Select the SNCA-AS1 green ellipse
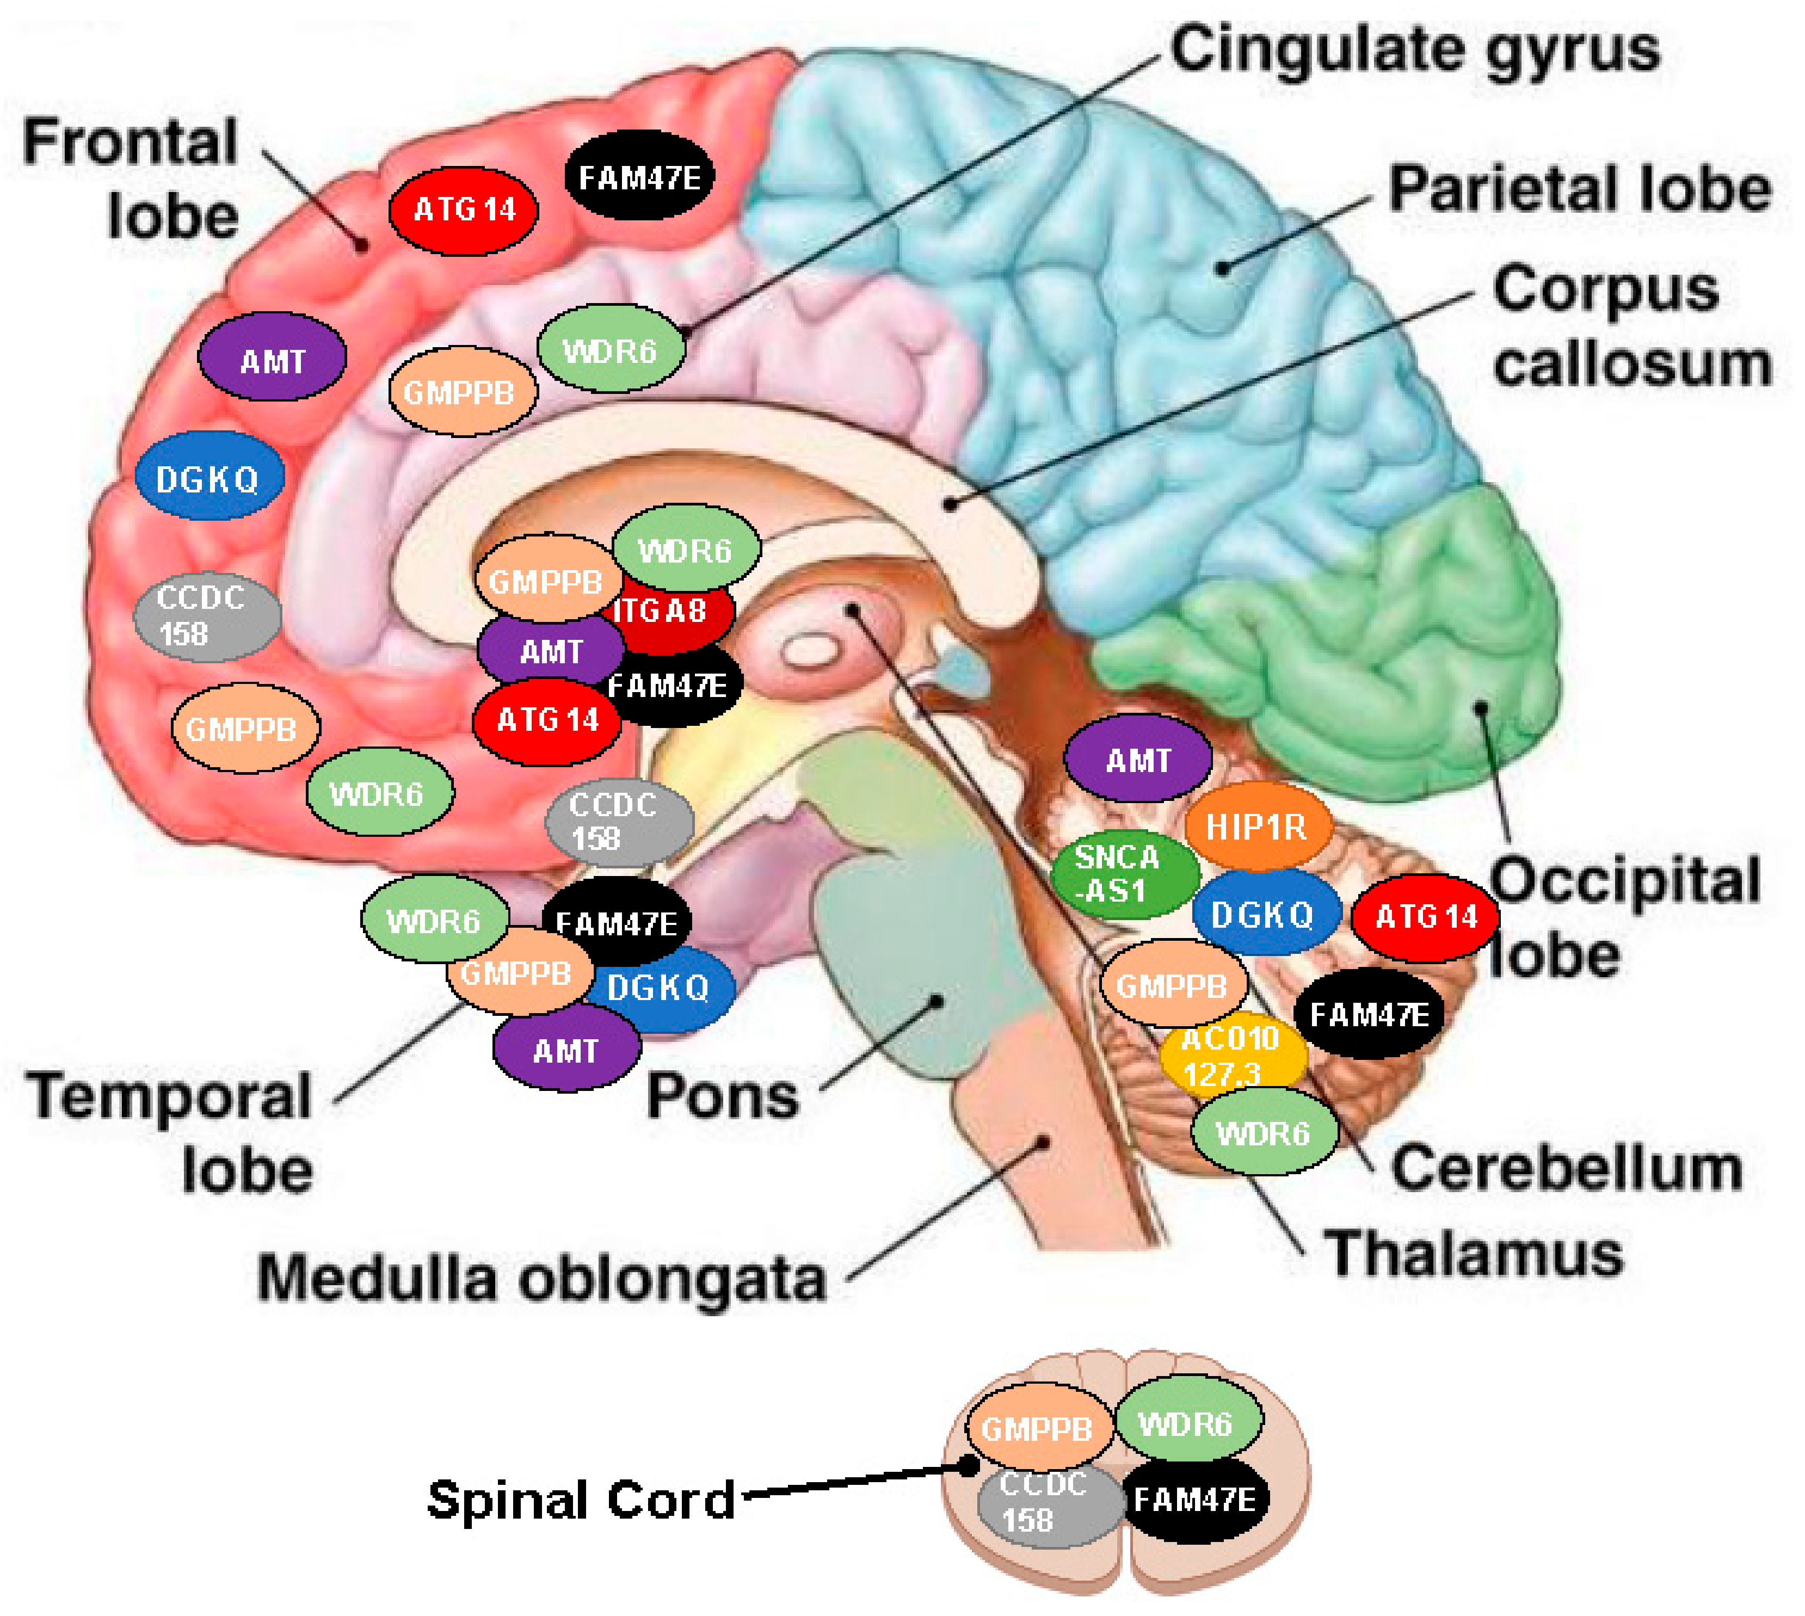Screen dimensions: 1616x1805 pyautogui.click(x=1120, y=874)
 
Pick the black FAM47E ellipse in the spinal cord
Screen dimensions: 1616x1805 pyautogui.click(x=1195, y=1500)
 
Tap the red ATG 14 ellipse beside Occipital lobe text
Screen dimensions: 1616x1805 pyautogui.click(x=1425, y=916)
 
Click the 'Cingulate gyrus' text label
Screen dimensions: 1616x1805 pyautogui.click(x=1414, y=51)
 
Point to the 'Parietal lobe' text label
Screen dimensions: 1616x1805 pyautogui.click(x=1579, y=189)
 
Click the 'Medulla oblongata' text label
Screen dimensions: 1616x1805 pyautogui.click(x=541, y=1279)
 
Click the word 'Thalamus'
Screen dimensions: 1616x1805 pyautogui.click(x=1474, y=1254)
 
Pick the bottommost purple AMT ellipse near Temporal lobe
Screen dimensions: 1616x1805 pyautogui.click(x=566, y=1050)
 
